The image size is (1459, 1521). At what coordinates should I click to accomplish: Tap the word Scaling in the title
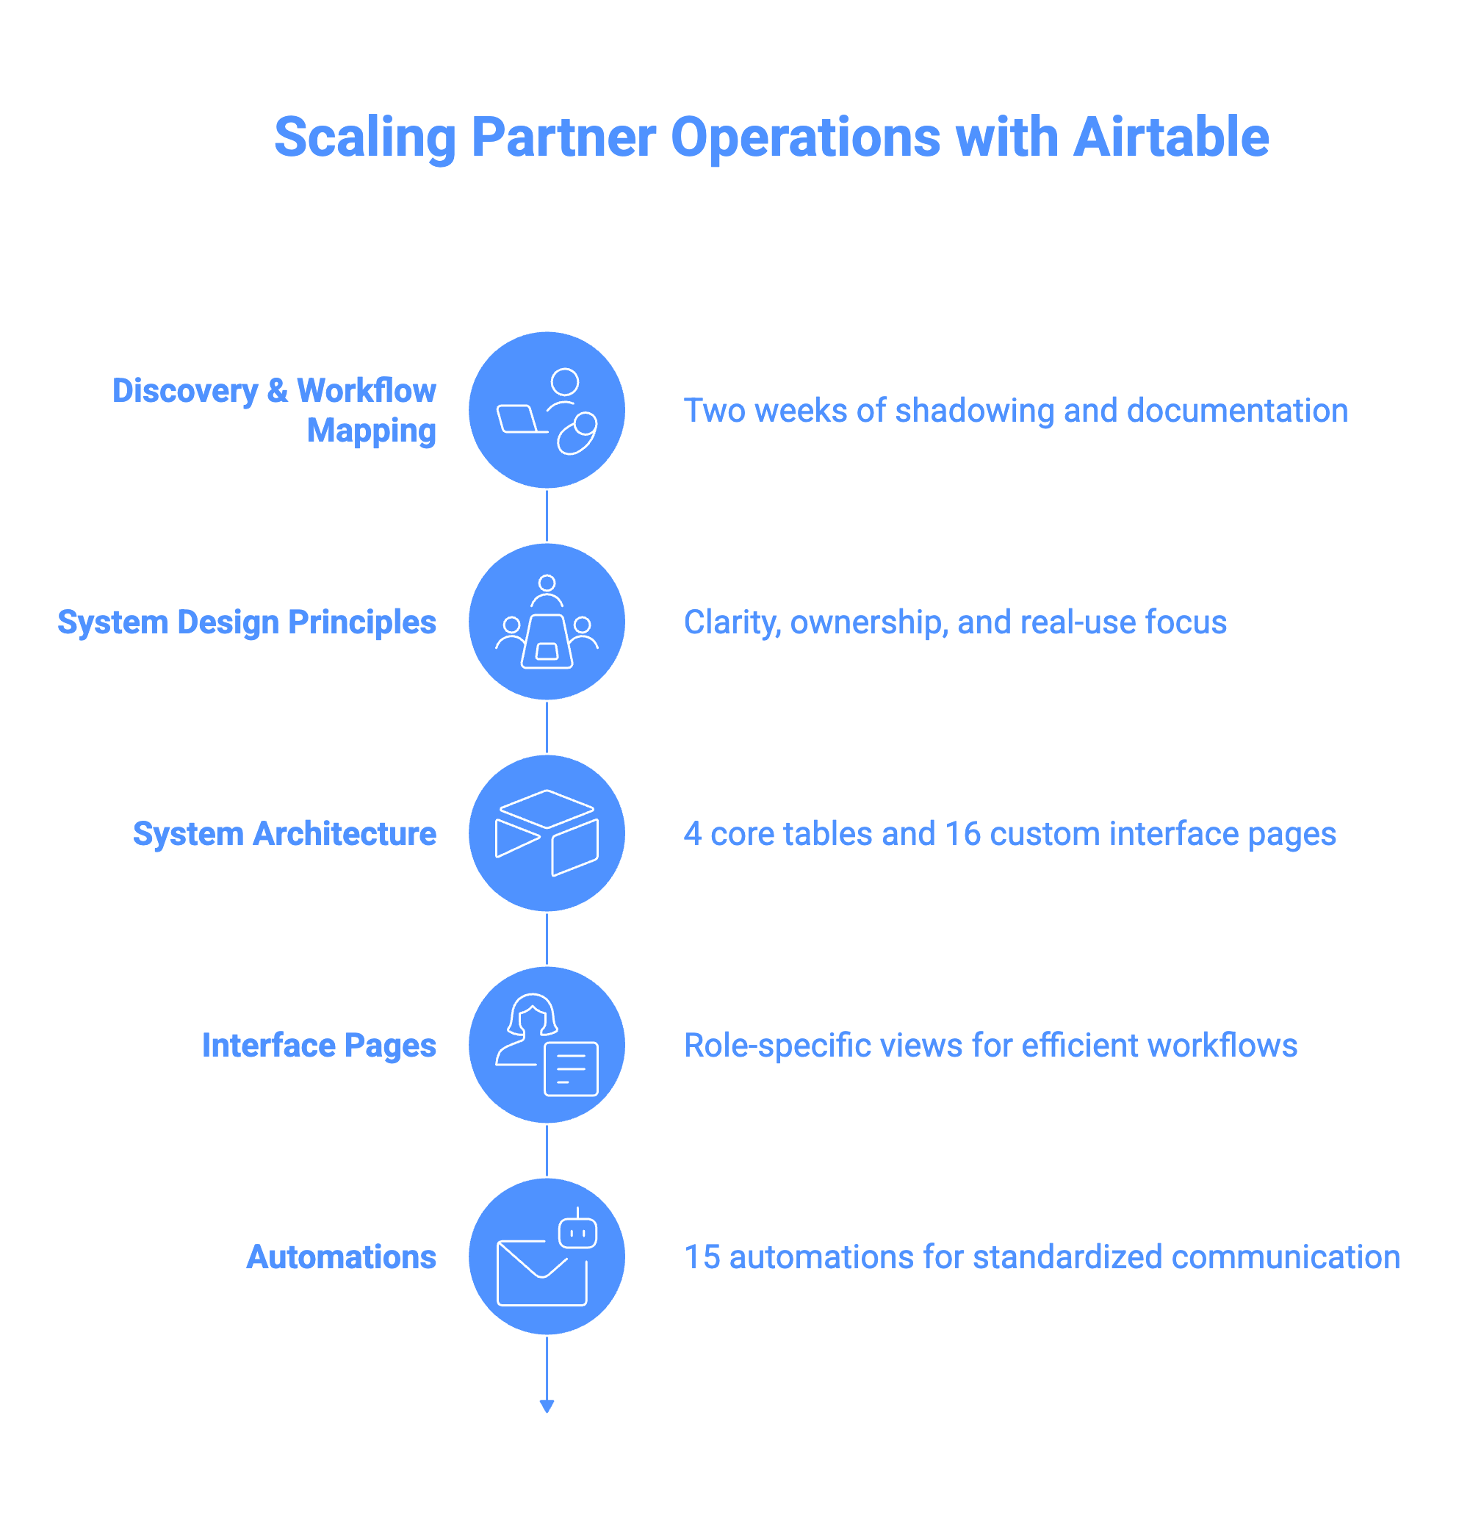coord(364,137)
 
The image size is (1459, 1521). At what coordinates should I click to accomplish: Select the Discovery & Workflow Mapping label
coord(274,411)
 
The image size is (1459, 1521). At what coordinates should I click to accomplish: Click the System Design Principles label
coord(247,622)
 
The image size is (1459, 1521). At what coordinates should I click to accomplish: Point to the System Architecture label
coord(284,834)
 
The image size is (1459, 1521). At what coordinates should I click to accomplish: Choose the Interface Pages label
coord(319,1046)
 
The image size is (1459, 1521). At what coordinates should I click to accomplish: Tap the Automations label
coord(342,1257)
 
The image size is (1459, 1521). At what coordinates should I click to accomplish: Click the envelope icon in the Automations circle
coord(541,1273)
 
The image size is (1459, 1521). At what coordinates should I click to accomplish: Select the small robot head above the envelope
coord(577,1232)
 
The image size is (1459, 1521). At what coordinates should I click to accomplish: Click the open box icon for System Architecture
coord(547,833)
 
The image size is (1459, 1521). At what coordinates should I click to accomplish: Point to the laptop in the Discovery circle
coord(519,419)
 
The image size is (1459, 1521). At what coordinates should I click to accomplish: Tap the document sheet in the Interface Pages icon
coord(571,1068)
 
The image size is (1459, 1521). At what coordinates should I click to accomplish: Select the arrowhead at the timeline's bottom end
coord(547,1406)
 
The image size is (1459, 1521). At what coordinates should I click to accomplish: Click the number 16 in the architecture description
coord(962,834)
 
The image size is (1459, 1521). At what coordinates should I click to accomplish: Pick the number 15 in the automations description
coord(702,1257)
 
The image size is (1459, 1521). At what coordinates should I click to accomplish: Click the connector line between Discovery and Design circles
coord(547,516)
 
